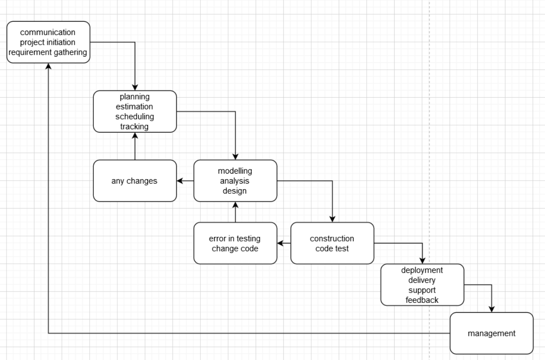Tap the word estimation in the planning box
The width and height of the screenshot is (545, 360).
pos(134,107)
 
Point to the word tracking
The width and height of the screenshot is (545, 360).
pos(134,126)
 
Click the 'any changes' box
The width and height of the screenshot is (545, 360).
pos(135,181)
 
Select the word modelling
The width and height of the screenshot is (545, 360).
pos(235,171)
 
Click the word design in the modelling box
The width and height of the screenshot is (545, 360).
pos(235,191)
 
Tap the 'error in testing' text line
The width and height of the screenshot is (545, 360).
pos(235,238)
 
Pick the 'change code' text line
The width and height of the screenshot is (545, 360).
pos(235,248)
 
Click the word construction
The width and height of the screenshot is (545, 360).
pos(332,238)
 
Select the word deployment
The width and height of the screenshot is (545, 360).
pos(422,270)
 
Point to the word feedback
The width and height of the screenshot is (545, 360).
pos(422,300)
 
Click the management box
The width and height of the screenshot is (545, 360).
pos(491,333)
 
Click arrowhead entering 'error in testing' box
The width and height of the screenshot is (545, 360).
pos(280,243)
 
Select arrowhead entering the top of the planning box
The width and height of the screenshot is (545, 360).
pos(135,88)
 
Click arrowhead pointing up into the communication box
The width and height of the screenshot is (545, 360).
pos(49,67)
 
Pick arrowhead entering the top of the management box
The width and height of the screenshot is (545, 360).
pos(492,309)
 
